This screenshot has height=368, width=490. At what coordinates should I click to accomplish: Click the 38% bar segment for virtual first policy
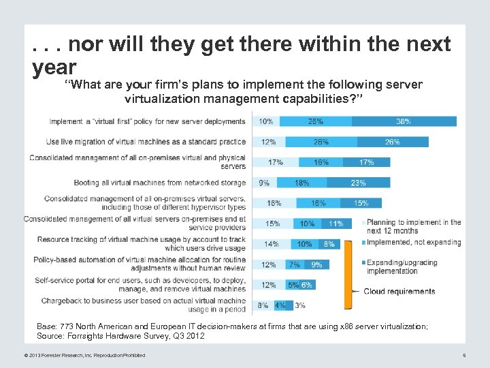404,121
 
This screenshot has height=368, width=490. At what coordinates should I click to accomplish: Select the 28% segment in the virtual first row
316,121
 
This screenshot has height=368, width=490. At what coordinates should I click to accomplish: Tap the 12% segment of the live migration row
268,142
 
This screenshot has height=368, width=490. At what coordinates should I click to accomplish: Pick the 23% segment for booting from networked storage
359,183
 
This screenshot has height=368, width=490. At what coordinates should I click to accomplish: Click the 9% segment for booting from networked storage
264,183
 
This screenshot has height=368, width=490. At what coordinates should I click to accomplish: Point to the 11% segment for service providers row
336,224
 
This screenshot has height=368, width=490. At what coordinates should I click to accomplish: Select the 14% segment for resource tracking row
271,244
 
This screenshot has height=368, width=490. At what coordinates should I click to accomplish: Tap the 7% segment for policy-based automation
295,264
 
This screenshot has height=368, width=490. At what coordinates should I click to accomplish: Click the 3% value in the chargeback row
300,305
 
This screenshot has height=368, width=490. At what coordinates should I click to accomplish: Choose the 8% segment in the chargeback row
263,305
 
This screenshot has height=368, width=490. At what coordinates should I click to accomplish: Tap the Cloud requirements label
399,292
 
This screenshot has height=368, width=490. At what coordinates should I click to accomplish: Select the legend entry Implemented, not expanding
414,243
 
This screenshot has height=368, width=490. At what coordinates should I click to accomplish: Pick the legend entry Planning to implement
414,226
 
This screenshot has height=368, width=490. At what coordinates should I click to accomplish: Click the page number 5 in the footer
463,354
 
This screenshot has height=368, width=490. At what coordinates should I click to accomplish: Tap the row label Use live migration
146,142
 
